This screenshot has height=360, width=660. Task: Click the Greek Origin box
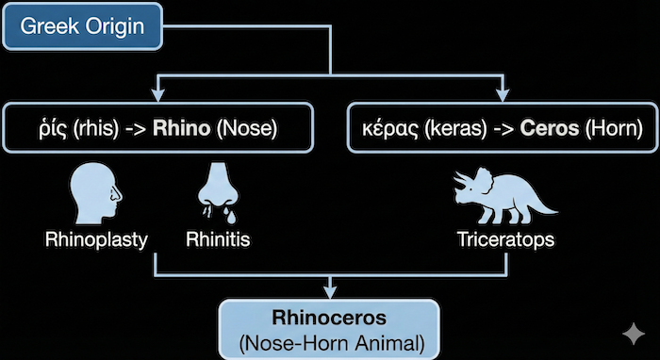coord(82,26)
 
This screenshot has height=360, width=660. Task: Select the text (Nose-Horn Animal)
coord(330,340)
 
